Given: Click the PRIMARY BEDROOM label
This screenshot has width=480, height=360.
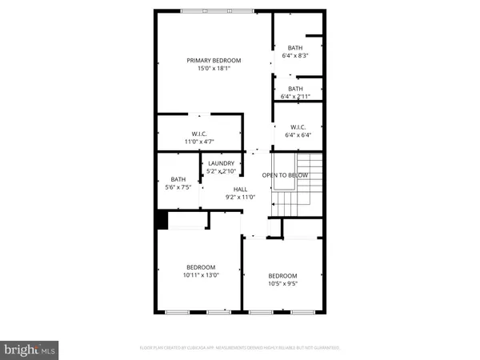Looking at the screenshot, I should (214, 60).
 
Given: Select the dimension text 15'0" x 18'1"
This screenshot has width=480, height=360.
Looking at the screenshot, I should (214, 69).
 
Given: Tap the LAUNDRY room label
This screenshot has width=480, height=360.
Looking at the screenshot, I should (221, 163).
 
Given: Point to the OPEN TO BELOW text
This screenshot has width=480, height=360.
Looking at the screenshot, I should (286, 175).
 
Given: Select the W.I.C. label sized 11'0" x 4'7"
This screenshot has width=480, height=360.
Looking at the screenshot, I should (200, 134).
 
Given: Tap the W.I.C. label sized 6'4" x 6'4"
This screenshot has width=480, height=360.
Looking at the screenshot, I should (298, 127).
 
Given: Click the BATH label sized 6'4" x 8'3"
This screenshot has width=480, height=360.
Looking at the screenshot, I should (295, 47).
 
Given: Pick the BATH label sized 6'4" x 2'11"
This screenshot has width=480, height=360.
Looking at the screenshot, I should (295, 89).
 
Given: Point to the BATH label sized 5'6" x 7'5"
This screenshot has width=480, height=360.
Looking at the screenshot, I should (178, 180).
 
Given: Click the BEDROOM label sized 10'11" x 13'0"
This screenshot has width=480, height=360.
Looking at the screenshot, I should (201, 267).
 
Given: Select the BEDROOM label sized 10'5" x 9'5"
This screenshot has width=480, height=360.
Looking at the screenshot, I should (282, 275).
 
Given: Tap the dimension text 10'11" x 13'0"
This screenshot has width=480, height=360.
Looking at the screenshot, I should (201, 275).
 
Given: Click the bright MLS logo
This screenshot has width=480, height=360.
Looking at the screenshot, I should (30, 349).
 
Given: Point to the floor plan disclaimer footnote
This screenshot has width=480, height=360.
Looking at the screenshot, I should (239, 347).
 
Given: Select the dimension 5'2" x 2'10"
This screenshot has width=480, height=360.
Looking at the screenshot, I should (221, 171).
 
